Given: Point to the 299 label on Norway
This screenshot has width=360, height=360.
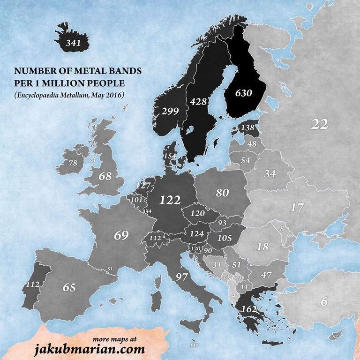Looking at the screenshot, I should tap(170, 111).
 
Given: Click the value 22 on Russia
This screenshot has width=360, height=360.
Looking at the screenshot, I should tap(319, 124).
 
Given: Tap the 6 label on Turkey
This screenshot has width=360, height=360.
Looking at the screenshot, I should tap(324, 302).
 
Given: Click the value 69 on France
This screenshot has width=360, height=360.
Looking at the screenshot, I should tap(121, 235).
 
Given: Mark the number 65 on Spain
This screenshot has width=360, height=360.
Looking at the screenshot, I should tap(69, 287).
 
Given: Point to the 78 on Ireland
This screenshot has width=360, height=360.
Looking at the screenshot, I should tap(73, 163).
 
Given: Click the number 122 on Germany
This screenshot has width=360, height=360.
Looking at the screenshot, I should tap(170, 200).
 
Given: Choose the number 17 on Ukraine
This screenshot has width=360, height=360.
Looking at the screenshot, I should tap(297, 207).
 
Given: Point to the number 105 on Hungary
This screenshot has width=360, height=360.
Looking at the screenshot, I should tap(225, 238).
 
